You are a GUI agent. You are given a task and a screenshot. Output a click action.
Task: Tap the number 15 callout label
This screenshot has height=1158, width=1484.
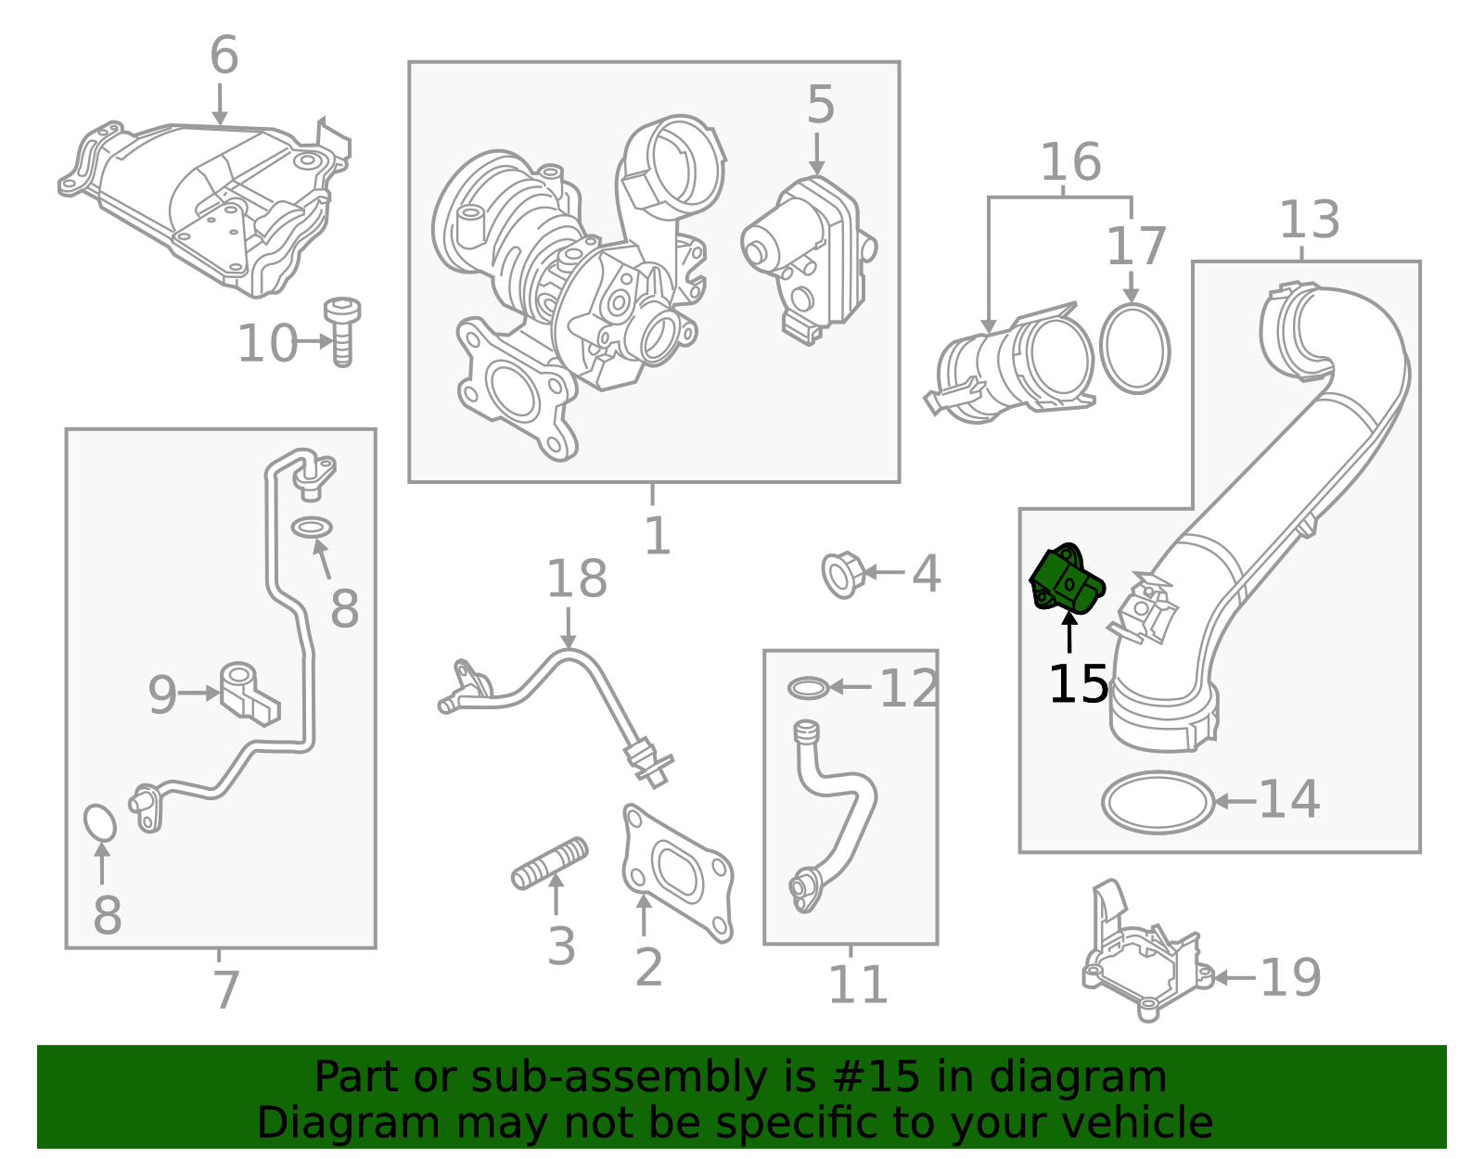[x=1078, y=684]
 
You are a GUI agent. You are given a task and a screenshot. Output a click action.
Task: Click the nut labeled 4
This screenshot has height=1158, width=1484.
[x=842, y=575]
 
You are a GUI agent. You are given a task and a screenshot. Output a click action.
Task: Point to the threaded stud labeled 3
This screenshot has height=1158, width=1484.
[x=550, y=863]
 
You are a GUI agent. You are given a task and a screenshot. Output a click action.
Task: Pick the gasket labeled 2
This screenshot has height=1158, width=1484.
[x=677, y=872]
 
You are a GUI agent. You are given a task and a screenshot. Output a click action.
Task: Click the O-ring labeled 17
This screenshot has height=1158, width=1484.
[x=1135, y=349]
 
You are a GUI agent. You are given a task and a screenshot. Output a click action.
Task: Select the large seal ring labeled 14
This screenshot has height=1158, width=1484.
[x=1158, y=802]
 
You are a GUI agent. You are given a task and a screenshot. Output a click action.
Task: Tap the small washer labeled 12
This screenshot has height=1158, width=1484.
[x=808, y=688]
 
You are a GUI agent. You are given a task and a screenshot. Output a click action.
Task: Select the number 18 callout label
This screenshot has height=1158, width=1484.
[x=576, y=579]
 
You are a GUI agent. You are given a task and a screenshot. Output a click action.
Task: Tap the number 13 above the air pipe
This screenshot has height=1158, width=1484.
[x=1309, y=221]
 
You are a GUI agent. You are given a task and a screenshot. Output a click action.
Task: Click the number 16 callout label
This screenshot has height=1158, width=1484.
[x=1069, y=162]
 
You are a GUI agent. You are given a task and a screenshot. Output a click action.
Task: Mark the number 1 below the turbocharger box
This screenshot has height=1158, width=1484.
[x=657, y=536]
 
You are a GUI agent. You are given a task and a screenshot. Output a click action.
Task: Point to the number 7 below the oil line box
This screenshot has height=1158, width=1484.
[x=226, y=989]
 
